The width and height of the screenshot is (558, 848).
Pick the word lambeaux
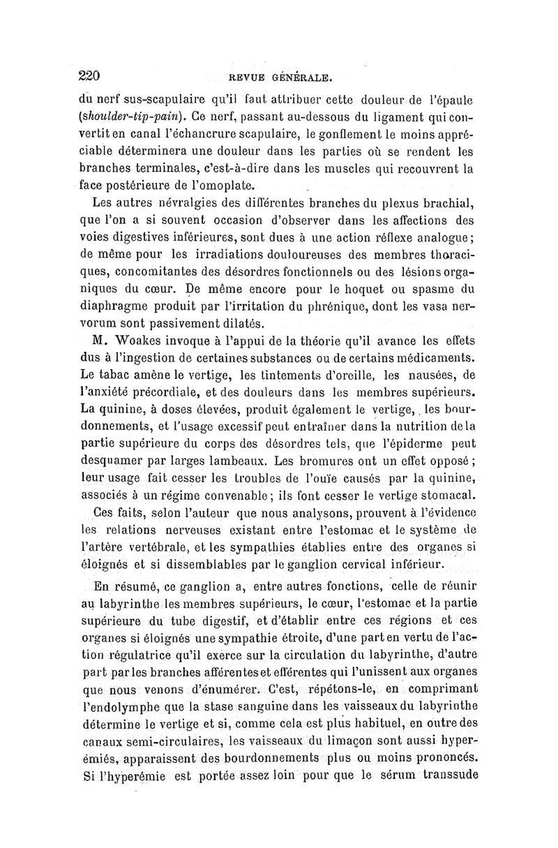[x=233, y=460]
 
